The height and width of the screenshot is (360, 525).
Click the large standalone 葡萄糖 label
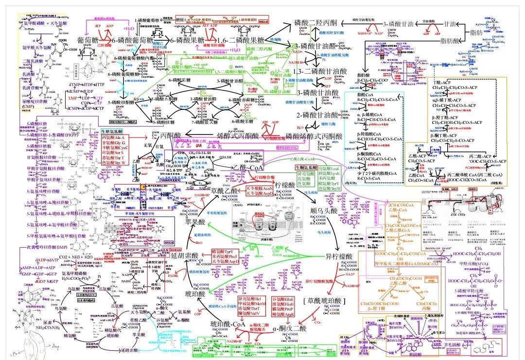(88, 39)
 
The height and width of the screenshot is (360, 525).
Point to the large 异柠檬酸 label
(339, 256)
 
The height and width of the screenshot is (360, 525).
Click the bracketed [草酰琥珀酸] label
(325, 301)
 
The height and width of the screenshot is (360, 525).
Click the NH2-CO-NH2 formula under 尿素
(49, 328)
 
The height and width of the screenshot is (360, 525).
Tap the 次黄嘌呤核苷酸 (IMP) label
(47, 247)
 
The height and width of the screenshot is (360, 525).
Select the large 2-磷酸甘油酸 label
(317, 115)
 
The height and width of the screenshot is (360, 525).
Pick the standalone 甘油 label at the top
(449, 24)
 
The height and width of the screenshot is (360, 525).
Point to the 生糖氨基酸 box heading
(112, 132)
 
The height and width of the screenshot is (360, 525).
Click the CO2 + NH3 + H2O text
(79, 257)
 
